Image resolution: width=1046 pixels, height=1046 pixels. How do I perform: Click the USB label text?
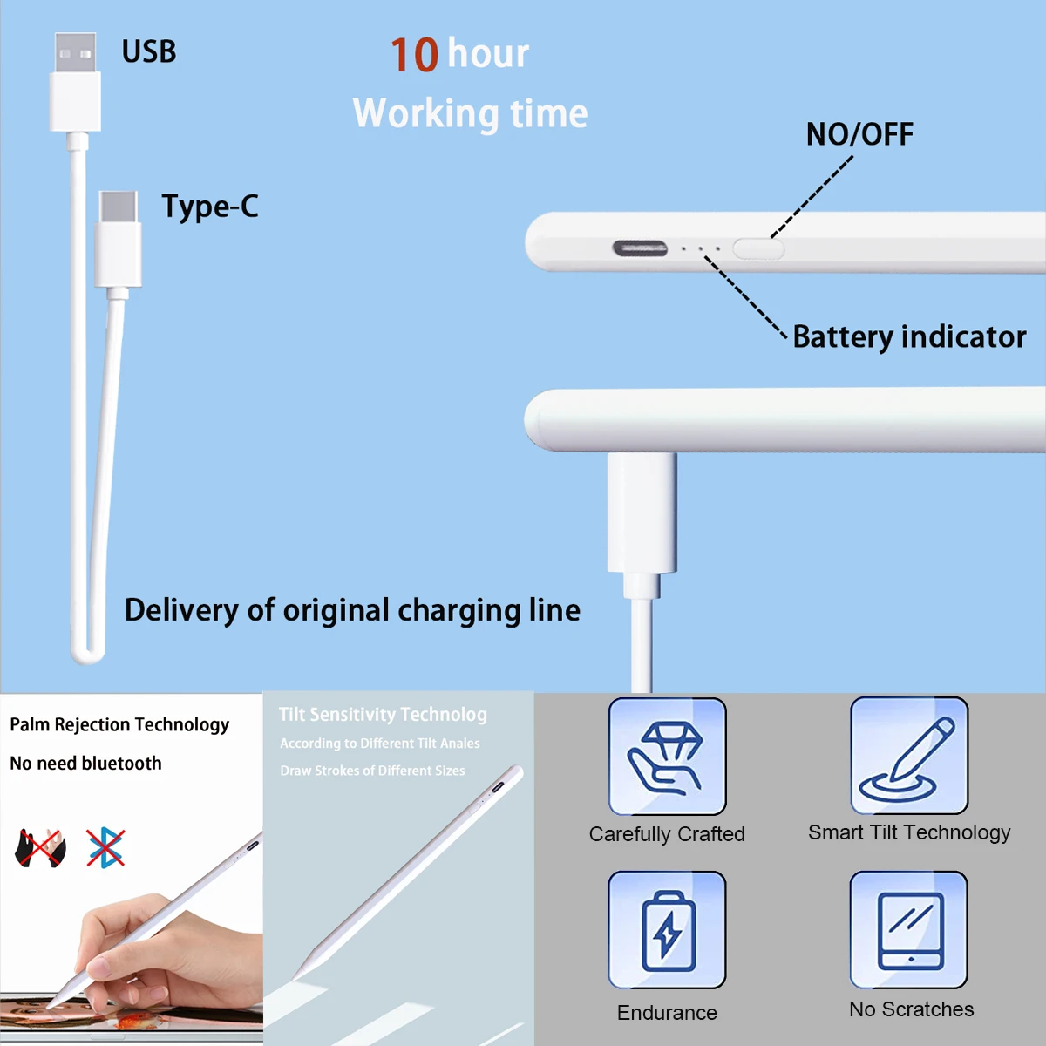pyautogui.click(x=149, y=52)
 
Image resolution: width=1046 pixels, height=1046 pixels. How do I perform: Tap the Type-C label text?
pyautogui.click(x=210, y=207)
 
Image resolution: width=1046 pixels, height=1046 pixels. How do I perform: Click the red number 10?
pyautogui.click(x=414, y=55)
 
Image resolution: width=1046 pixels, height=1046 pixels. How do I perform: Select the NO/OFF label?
pyautogui.click(x=859, y=134)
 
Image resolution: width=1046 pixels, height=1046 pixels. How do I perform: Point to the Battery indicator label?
pyautogui.click(x=909, y=337)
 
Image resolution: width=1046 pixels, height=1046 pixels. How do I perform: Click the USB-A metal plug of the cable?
pyautogui.click(x=75, y=54)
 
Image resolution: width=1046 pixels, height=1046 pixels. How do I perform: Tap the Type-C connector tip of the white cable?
pyautogui.click(x=119, y=207)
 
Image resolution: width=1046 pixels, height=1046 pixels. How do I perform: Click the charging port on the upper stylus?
pyautogui.click(x=640, y=248)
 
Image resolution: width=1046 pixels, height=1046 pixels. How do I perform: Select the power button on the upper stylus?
pyautogui.click(x=758, y=249)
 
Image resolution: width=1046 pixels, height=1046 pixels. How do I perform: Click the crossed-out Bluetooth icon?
pyautogui.click(x=105, y=847)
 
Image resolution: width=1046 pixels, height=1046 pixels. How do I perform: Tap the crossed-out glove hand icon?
pyautogui.click(x=41, y=848)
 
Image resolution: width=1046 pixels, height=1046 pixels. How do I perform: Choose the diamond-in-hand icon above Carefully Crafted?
pyautogui.click(x=668, y=757)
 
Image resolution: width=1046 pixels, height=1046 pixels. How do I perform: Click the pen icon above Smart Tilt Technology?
pyautogui.click(x=909, y=757)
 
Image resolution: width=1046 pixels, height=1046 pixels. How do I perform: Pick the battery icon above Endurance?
pyautogui.click(x=668, y=930)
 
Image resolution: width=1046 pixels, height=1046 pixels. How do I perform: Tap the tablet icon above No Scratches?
pyautogui.click(x=909, y=930)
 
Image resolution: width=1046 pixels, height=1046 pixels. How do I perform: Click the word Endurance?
pyautogui.click(x=667, y=1013)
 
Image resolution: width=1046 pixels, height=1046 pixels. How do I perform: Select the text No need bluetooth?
pyautogui.click(x=85, y=764)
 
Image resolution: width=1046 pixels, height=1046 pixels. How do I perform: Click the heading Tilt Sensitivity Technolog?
pyautogui.click(x=383, y=715)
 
